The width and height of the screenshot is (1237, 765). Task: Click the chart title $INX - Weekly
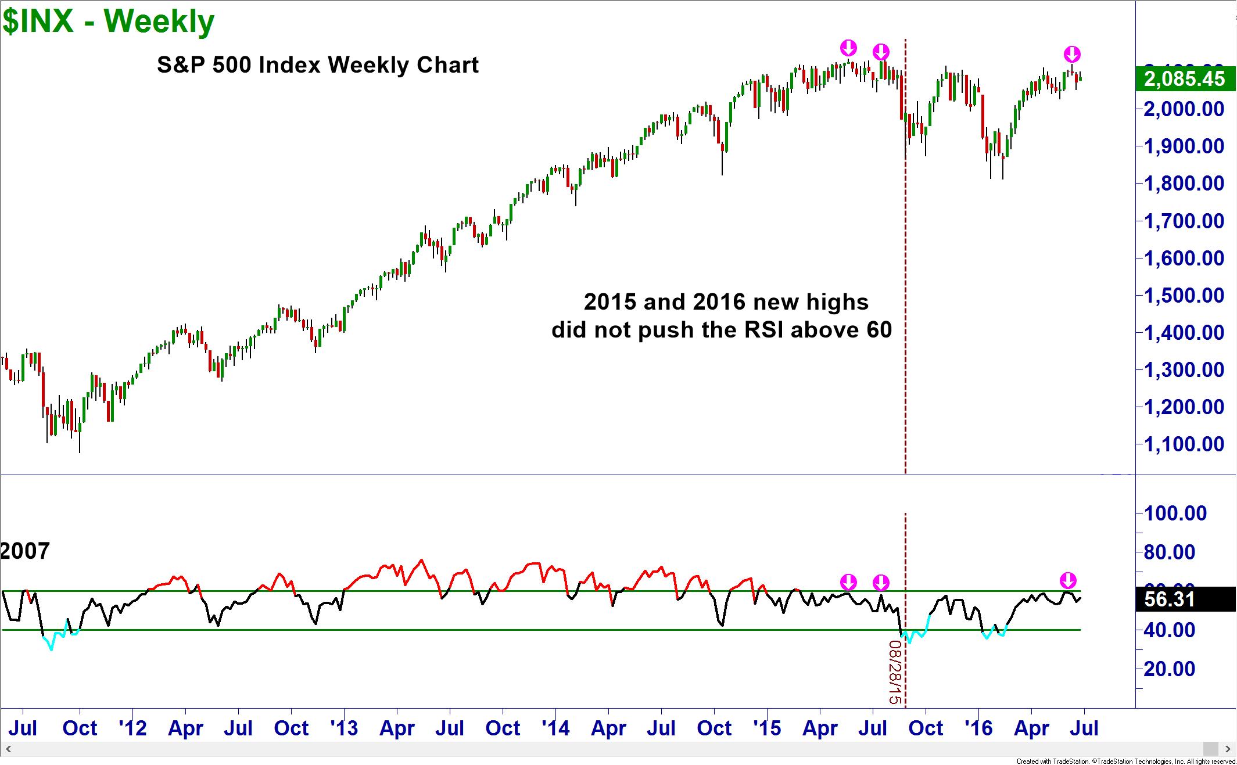[108, 22]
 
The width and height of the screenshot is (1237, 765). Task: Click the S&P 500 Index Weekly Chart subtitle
[318, 65]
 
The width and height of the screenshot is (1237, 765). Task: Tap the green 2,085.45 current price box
[1184, 78]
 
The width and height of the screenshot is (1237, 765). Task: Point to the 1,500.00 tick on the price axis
[1184, 295]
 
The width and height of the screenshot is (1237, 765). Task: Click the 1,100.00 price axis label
[1184, 444]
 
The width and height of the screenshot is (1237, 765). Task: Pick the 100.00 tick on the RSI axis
[1175, 513]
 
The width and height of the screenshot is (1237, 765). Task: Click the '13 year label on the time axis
[344, 728]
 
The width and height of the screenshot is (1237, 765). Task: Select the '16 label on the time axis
[978, 728]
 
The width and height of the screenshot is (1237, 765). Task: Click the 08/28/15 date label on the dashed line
[895, 672]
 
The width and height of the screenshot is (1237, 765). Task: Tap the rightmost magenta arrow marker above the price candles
[1072, 55]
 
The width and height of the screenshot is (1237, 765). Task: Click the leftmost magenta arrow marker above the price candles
[848, 48]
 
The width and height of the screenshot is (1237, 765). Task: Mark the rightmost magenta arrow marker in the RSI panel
[1068, 580]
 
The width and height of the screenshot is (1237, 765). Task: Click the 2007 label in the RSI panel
[25, 551]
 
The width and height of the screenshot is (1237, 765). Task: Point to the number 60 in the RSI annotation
[879, 330]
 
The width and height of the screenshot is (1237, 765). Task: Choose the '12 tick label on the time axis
[132, 728]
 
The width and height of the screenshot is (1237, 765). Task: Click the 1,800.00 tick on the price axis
[1184, 184]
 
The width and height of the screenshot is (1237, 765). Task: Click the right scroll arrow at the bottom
[1228, 749]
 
